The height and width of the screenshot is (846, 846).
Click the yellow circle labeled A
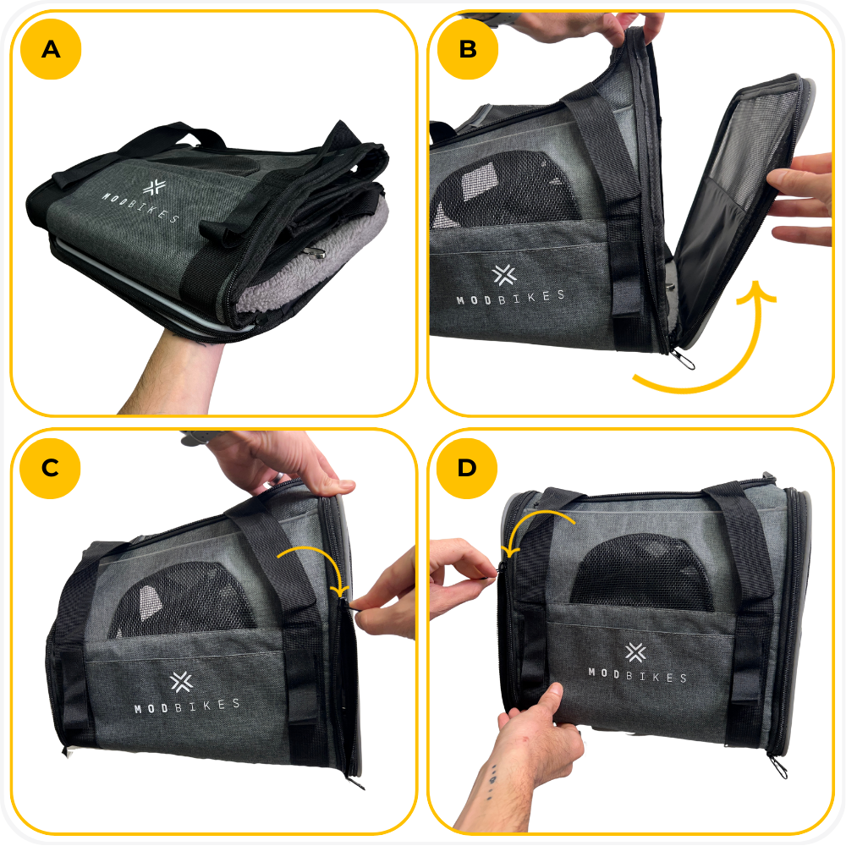coord(51,49)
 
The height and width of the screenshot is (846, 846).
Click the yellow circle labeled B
coord(468,49)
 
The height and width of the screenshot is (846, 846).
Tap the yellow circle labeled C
coord(50,468)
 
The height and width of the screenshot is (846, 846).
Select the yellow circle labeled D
coord(467,468)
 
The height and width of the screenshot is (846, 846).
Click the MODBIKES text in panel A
coord(140,208)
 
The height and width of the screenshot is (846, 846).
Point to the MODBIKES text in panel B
coord(510,297)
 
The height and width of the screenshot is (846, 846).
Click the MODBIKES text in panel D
coord(637,674)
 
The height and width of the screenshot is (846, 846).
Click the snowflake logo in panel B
coord(504,275)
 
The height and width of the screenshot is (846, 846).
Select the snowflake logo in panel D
coord(635,653)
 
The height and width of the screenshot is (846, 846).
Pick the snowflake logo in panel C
coord(181,683)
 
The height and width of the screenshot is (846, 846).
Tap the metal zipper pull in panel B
coord(683,359)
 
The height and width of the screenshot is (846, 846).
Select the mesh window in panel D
coord(642,572)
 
